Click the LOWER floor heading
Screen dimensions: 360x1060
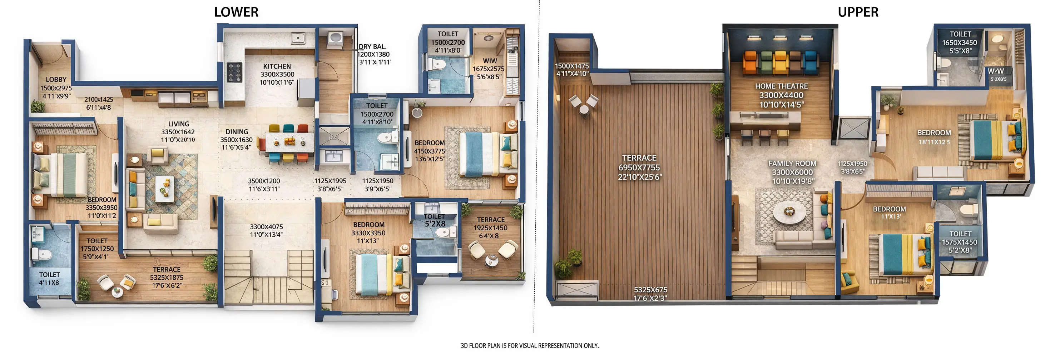[236, 12]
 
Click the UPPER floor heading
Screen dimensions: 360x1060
[858, 12]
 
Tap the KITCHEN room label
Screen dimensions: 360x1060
[277, 66]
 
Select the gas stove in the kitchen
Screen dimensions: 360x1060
[235, 72]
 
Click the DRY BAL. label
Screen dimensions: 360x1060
[372, 47]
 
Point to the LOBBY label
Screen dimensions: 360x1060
[56, 79]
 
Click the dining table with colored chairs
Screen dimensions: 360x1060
[289, 142]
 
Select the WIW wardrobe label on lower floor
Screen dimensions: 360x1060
[490, 60]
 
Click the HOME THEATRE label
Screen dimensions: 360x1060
[781, 86]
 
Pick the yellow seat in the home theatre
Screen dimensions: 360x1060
[780, 62]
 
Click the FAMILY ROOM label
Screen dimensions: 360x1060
[792, 163]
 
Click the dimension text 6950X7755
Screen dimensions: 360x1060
[639, 167]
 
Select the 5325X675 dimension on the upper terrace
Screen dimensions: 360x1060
[650, 290]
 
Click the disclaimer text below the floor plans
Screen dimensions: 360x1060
[530, 346]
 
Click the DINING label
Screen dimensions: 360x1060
[237, 132]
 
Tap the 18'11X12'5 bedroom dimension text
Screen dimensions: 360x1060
[934, 142]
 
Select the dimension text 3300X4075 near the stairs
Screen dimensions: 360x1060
[266, 227]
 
